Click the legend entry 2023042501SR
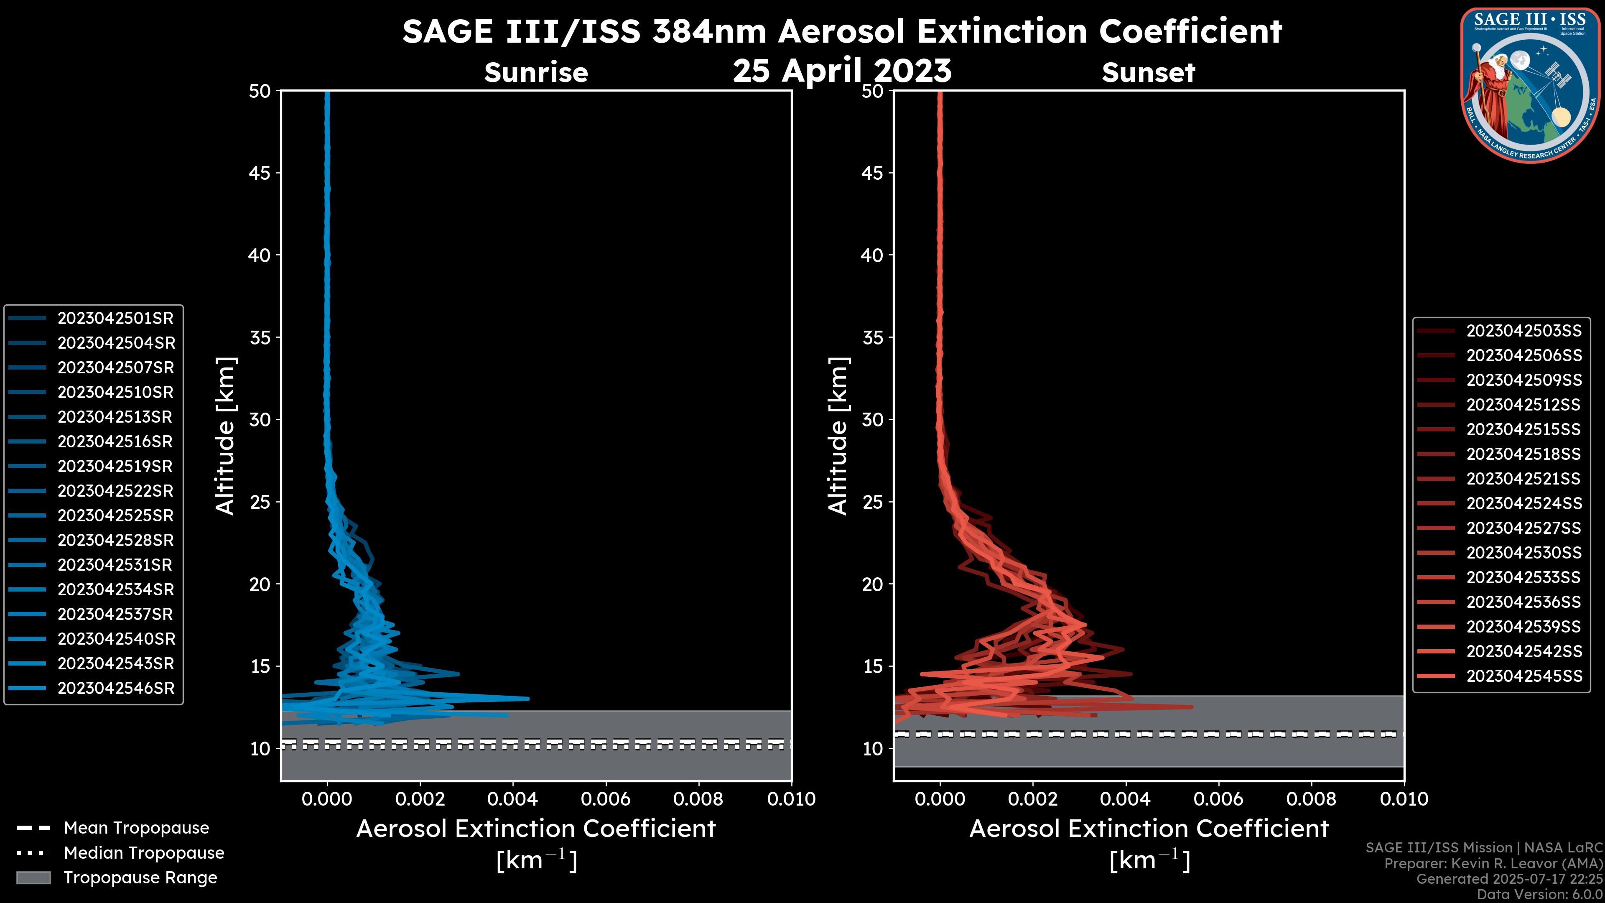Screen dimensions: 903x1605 click(x=115, y=319)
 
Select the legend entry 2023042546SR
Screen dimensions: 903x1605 click(x=116, y=689)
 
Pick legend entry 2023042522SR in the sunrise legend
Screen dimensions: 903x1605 click(x=115, y=491)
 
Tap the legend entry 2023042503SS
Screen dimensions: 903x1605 click(x=1524, y=331)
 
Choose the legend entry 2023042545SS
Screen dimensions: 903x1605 click(x=1524, y=676)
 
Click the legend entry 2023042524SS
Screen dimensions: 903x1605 click(x=1524, y=503)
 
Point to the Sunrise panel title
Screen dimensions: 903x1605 click(x=536, y=73)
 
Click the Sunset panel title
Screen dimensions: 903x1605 click(x=1148, y=73)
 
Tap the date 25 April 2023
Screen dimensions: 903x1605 click(x=842, y=70)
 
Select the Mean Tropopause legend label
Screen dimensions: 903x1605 click(x=136, y=828)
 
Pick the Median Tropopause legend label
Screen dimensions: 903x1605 click(x=144, y=853)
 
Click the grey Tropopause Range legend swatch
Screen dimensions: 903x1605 click(x=33, y=878)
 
